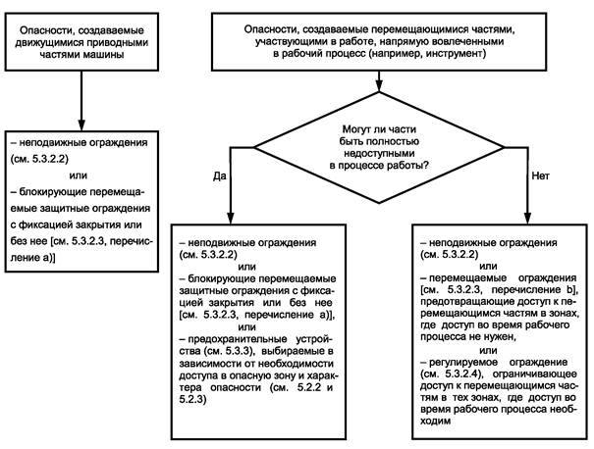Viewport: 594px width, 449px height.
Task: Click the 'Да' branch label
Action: pos(219,175)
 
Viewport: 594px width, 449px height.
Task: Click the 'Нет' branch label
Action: pos(540,175)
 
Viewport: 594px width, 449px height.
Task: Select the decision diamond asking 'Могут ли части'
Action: pos(379,147)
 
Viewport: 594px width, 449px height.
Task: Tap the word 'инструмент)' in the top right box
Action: pos(457,53)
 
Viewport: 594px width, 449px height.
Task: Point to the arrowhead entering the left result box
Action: pos(81,125)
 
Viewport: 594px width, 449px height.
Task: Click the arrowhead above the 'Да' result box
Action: pos(230,219)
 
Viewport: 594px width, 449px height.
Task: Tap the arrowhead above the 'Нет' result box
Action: pos(527,219)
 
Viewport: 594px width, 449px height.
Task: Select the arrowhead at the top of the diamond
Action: pos(379,86)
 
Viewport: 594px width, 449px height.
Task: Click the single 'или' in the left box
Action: pos(79,175)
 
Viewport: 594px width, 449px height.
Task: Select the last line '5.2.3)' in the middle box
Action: pos(192,399)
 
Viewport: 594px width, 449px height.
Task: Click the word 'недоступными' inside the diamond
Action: pos(379,154)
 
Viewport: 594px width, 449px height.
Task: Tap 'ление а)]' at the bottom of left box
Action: pos(33,258)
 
